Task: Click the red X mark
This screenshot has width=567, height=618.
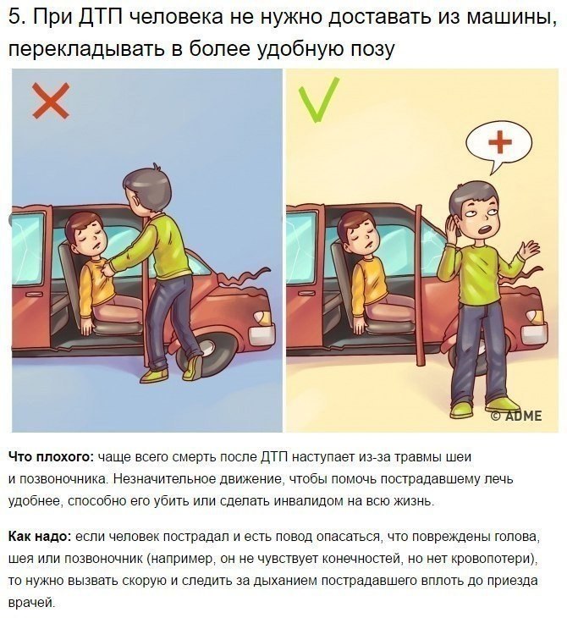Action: tap(51, 101)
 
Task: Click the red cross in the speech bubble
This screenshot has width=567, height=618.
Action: tap(500, 142)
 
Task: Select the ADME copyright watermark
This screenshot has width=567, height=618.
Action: tap(516, 416)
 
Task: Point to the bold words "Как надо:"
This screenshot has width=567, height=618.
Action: tap(40, 537)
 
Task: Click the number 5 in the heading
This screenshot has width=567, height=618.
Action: tap(14, 17)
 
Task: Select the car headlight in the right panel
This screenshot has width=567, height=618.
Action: tap(537, 317)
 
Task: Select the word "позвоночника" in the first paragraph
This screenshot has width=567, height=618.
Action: tap(63, 480)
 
